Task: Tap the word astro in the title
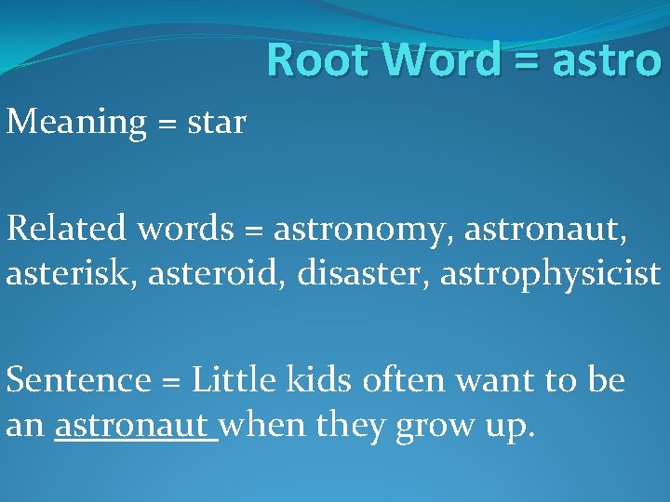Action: (x=607, y=60)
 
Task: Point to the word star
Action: (x=216, y=122)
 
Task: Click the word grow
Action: (x=434, y=426)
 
